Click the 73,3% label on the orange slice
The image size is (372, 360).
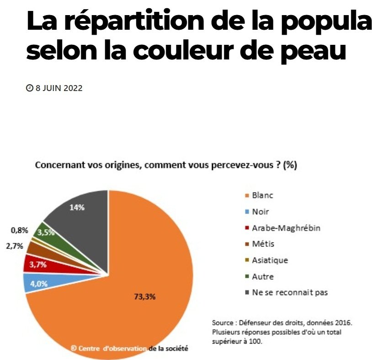(x=145, y=296)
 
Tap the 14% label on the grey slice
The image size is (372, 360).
(x=77, y=207)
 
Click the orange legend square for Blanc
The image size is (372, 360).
(x=247, y=196)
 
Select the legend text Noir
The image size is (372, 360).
(x=260, y=212)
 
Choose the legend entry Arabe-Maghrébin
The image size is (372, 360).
(x=286, y=228)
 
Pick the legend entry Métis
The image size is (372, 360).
(x=262, y=244)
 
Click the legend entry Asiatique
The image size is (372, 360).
(x=270, y=260)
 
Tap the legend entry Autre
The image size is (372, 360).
(x=263, y=276)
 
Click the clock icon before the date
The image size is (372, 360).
(x=30, y=88)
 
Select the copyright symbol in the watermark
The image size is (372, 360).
(x=74, y=348)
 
